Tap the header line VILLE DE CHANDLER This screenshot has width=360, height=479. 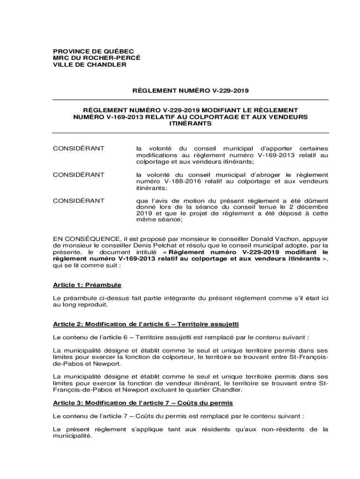[x=89, y=65]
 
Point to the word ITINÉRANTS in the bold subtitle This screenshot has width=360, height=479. [x=190, y=124]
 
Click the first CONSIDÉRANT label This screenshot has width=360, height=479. [x=79, y=148]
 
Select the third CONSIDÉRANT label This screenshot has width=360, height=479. [x=79, y=201]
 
